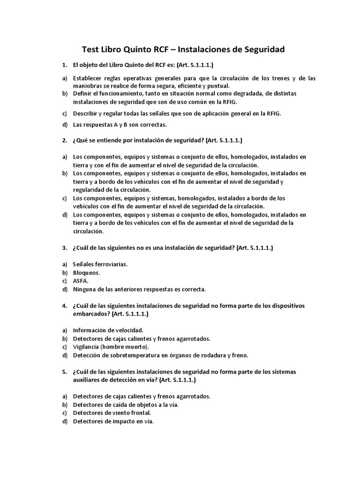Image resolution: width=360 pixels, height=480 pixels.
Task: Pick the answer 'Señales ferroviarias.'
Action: (x=100, y=264)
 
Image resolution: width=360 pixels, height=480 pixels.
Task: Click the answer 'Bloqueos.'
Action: (x=87, y=272)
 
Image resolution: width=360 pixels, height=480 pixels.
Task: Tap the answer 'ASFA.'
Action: (x=81, y=280)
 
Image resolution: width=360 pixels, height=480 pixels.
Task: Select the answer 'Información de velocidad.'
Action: (x=108, y=330)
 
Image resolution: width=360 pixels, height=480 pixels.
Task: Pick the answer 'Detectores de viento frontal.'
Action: (x=112, y=413)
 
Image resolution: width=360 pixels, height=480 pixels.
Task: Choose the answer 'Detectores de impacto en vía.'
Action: (x=113, y=421)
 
